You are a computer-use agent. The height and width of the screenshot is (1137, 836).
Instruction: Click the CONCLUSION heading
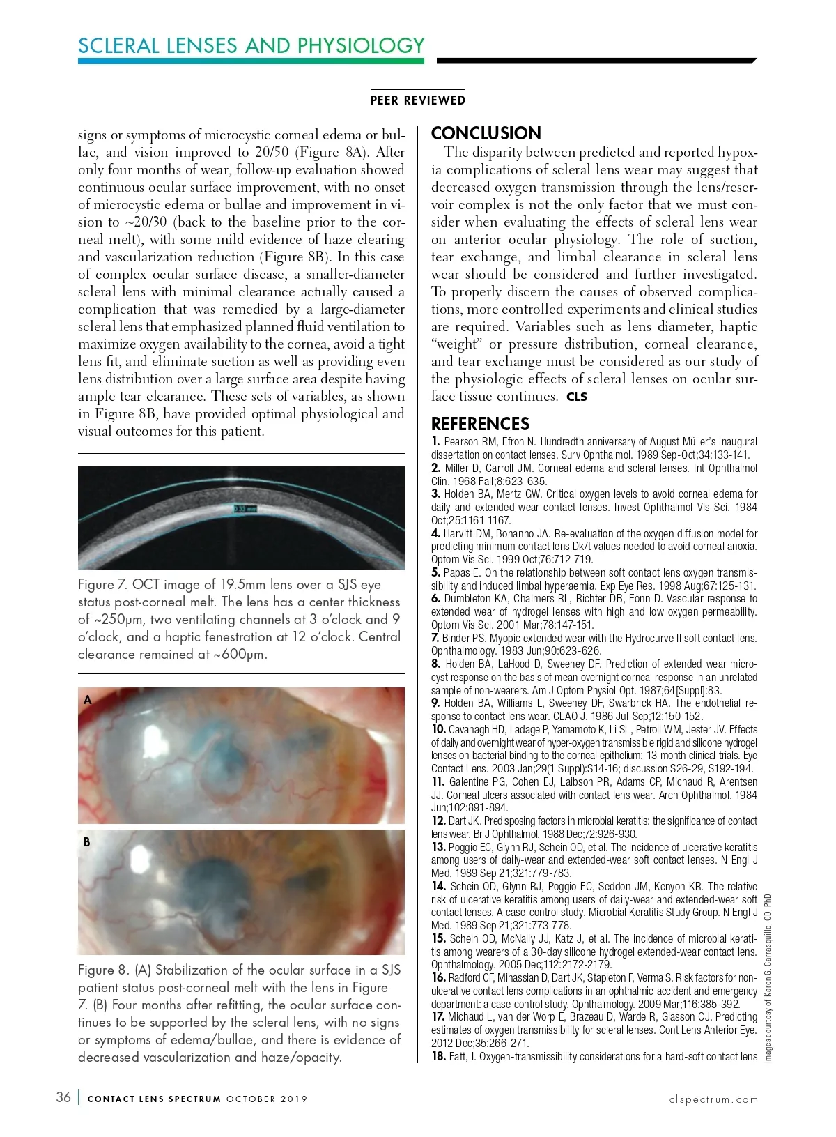click(486, 133)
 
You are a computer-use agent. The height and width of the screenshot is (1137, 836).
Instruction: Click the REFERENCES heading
click(480, 424)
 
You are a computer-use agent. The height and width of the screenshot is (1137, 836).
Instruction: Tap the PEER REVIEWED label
click(418, 100)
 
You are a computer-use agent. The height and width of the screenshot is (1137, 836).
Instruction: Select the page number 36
click(63, 1097)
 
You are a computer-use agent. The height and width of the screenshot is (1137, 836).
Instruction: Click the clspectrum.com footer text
click(713, 1099)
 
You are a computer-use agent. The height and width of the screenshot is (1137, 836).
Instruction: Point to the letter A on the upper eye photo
click(88, 700)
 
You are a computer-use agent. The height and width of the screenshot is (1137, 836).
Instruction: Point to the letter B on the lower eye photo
click(87, 842)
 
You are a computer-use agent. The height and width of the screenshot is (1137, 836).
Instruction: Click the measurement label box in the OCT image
click(245, 510)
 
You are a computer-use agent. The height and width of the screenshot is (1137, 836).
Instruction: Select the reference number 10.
click(438, 729)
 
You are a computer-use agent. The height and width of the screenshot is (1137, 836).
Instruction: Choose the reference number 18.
click(438, 1056)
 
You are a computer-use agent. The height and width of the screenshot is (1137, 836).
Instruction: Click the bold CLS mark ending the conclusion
click(577, 397)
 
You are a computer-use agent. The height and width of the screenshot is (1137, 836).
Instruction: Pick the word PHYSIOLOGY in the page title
click(361, 45)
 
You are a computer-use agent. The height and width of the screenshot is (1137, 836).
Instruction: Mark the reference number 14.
click(438, 886)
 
